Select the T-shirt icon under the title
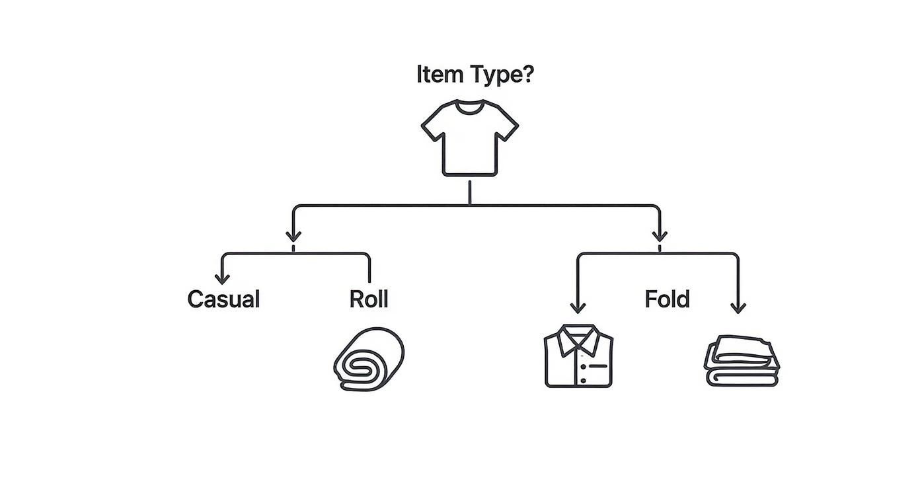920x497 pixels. (x=470, y=139)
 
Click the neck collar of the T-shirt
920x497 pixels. (x=470, y=108)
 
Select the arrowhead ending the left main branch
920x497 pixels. (x=293, y=236)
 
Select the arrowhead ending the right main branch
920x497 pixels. (x=659, y=236)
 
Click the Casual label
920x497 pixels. (x=223, y=299)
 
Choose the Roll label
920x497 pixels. (x=369, y=299)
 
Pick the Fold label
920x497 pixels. (x=667, y=299)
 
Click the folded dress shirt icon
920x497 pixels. (x=578, y=356)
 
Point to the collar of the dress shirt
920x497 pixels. (x=578, y=338)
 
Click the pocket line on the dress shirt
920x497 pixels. (x=597, y=365)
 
